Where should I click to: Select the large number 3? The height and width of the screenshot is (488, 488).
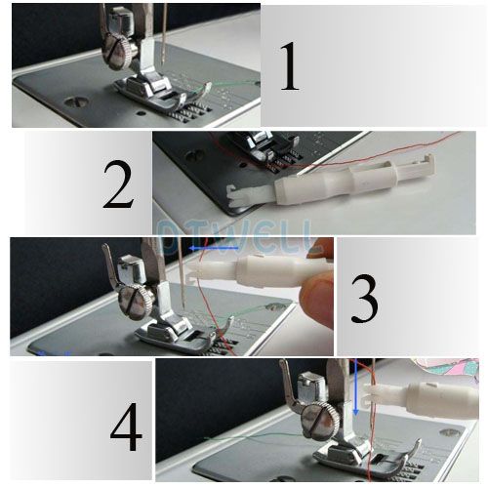(x=363, y=300)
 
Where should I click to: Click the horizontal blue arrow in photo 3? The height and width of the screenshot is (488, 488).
(x=209, y=249)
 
